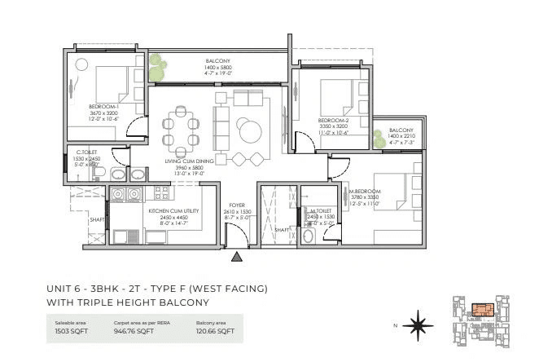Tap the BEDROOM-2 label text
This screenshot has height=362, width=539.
(333, 121)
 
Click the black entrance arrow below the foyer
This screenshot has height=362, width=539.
(237, 258)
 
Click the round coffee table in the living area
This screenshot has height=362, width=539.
(248, 129)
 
